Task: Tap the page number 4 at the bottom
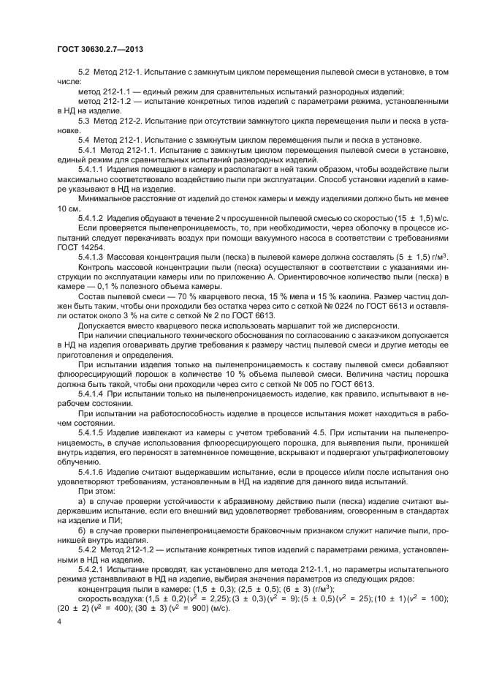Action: [58, 620]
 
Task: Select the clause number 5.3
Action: [85, 120]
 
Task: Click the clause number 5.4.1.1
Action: [91, 168]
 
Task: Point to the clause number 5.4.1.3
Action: [91, 255]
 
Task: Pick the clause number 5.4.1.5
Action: [91, 432]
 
